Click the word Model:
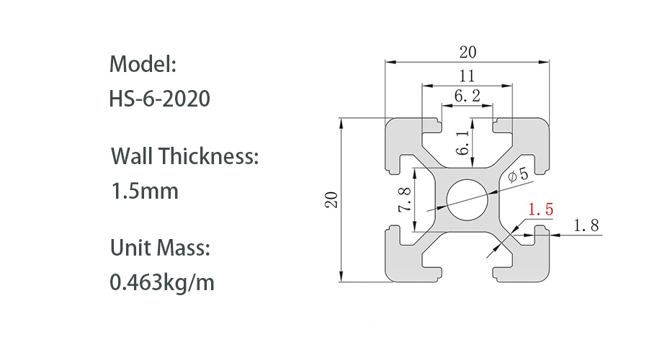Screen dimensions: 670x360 click(x=143, y=65)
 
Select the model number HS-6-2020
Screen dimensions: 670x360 click(x=160, y=99)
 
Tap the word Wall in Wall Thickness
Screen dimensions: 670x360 click(x=132, y=156)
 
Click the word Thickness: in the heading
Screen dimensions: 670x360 click(x=209, y=156)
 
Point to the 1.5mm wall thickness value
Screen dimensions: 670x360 click(x=144, y=191)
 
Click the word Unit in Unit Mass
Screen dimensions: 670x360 click(x=130, y=248)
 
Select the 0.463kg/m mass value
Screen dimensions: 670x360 click(x=162, y=283)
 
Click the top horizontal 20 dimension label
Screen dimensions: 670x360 click(x=468, y=52)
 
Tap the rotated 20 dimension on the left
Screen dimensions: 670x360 click(x=331, y=200)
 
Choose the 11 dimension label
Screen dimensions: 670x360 click(x=467, y=76)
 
